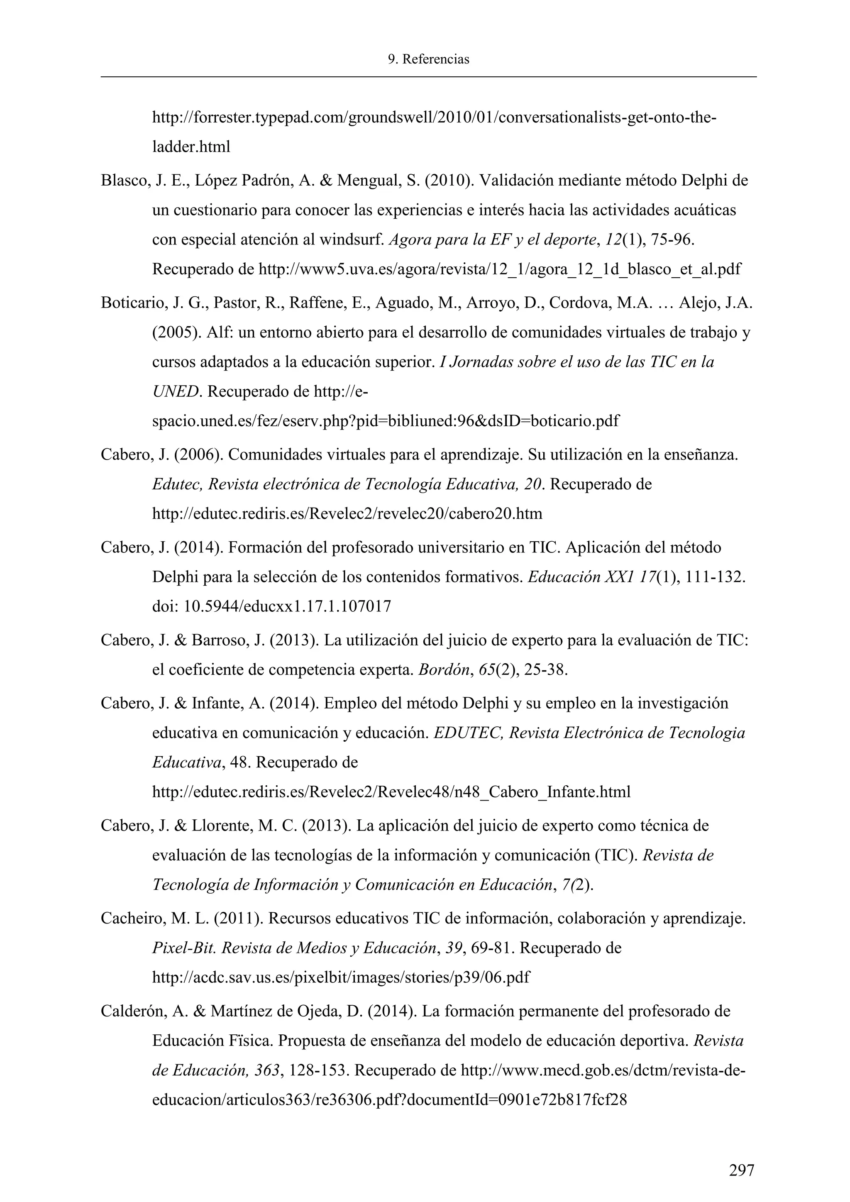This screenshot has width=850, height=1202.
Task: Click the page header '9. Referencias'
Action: click(428, 60)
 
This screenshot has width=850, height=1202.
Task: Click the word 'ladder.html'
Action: click(191, 147)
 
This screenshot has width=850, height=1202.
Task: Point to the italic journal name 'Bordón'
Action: click(443, 670)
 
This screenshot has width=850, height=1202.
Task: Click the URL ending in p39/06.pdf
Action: click(341, 977)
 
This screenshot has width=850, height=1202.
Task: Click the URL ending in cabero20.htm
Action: click(347, 513)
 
